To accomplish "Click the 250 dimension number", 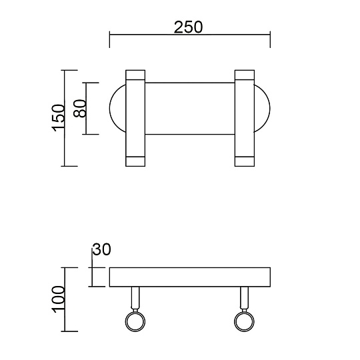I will [188, 27].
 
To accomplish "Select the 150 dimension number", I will [59, 117].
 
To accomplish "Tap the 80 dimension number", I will [80, 109].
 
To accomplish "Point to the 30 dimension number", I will [101, 249].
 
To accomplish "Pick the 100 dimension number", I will [59, 299].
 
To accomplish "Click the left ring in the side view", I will [136, 323].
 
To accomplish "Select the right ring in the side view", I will [244, 323].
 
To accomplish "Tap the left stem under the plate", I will [136, 297].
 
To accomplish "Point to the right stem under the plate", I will [244, 297].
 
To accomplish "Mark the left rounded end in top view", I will [117, 109].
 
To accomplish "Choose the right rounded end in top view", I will [262, 109].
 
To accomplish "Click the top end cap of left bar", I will [135, 74].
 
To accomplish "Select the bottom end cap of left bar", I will [135, 161].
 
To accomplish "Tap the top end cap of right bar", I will [244, 74].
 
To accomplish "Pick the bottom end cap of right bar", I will [244, 161].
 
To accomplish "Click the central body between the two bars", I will [189, 109].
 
